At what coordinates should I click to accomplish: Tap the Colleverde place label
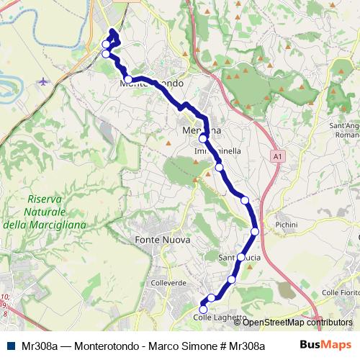[x=169, y=283]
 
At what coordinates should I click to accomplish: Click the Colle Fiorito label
[x=340, y=292]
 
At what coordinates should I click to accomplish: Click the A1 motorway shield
[x=276, y=156]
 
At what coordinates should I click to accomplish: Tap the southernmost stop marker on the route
[x=203, y=310]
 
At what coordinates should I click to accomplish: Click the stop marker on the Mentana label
[x=204, y=138]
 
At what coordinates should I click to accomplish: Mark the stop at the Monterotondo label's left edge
[x=127, y=80]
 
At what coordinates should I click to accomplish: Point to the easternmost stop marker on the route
[x=256, y=231]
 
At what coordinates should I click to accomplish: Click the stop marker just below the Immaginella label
[x=219, y=168]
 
